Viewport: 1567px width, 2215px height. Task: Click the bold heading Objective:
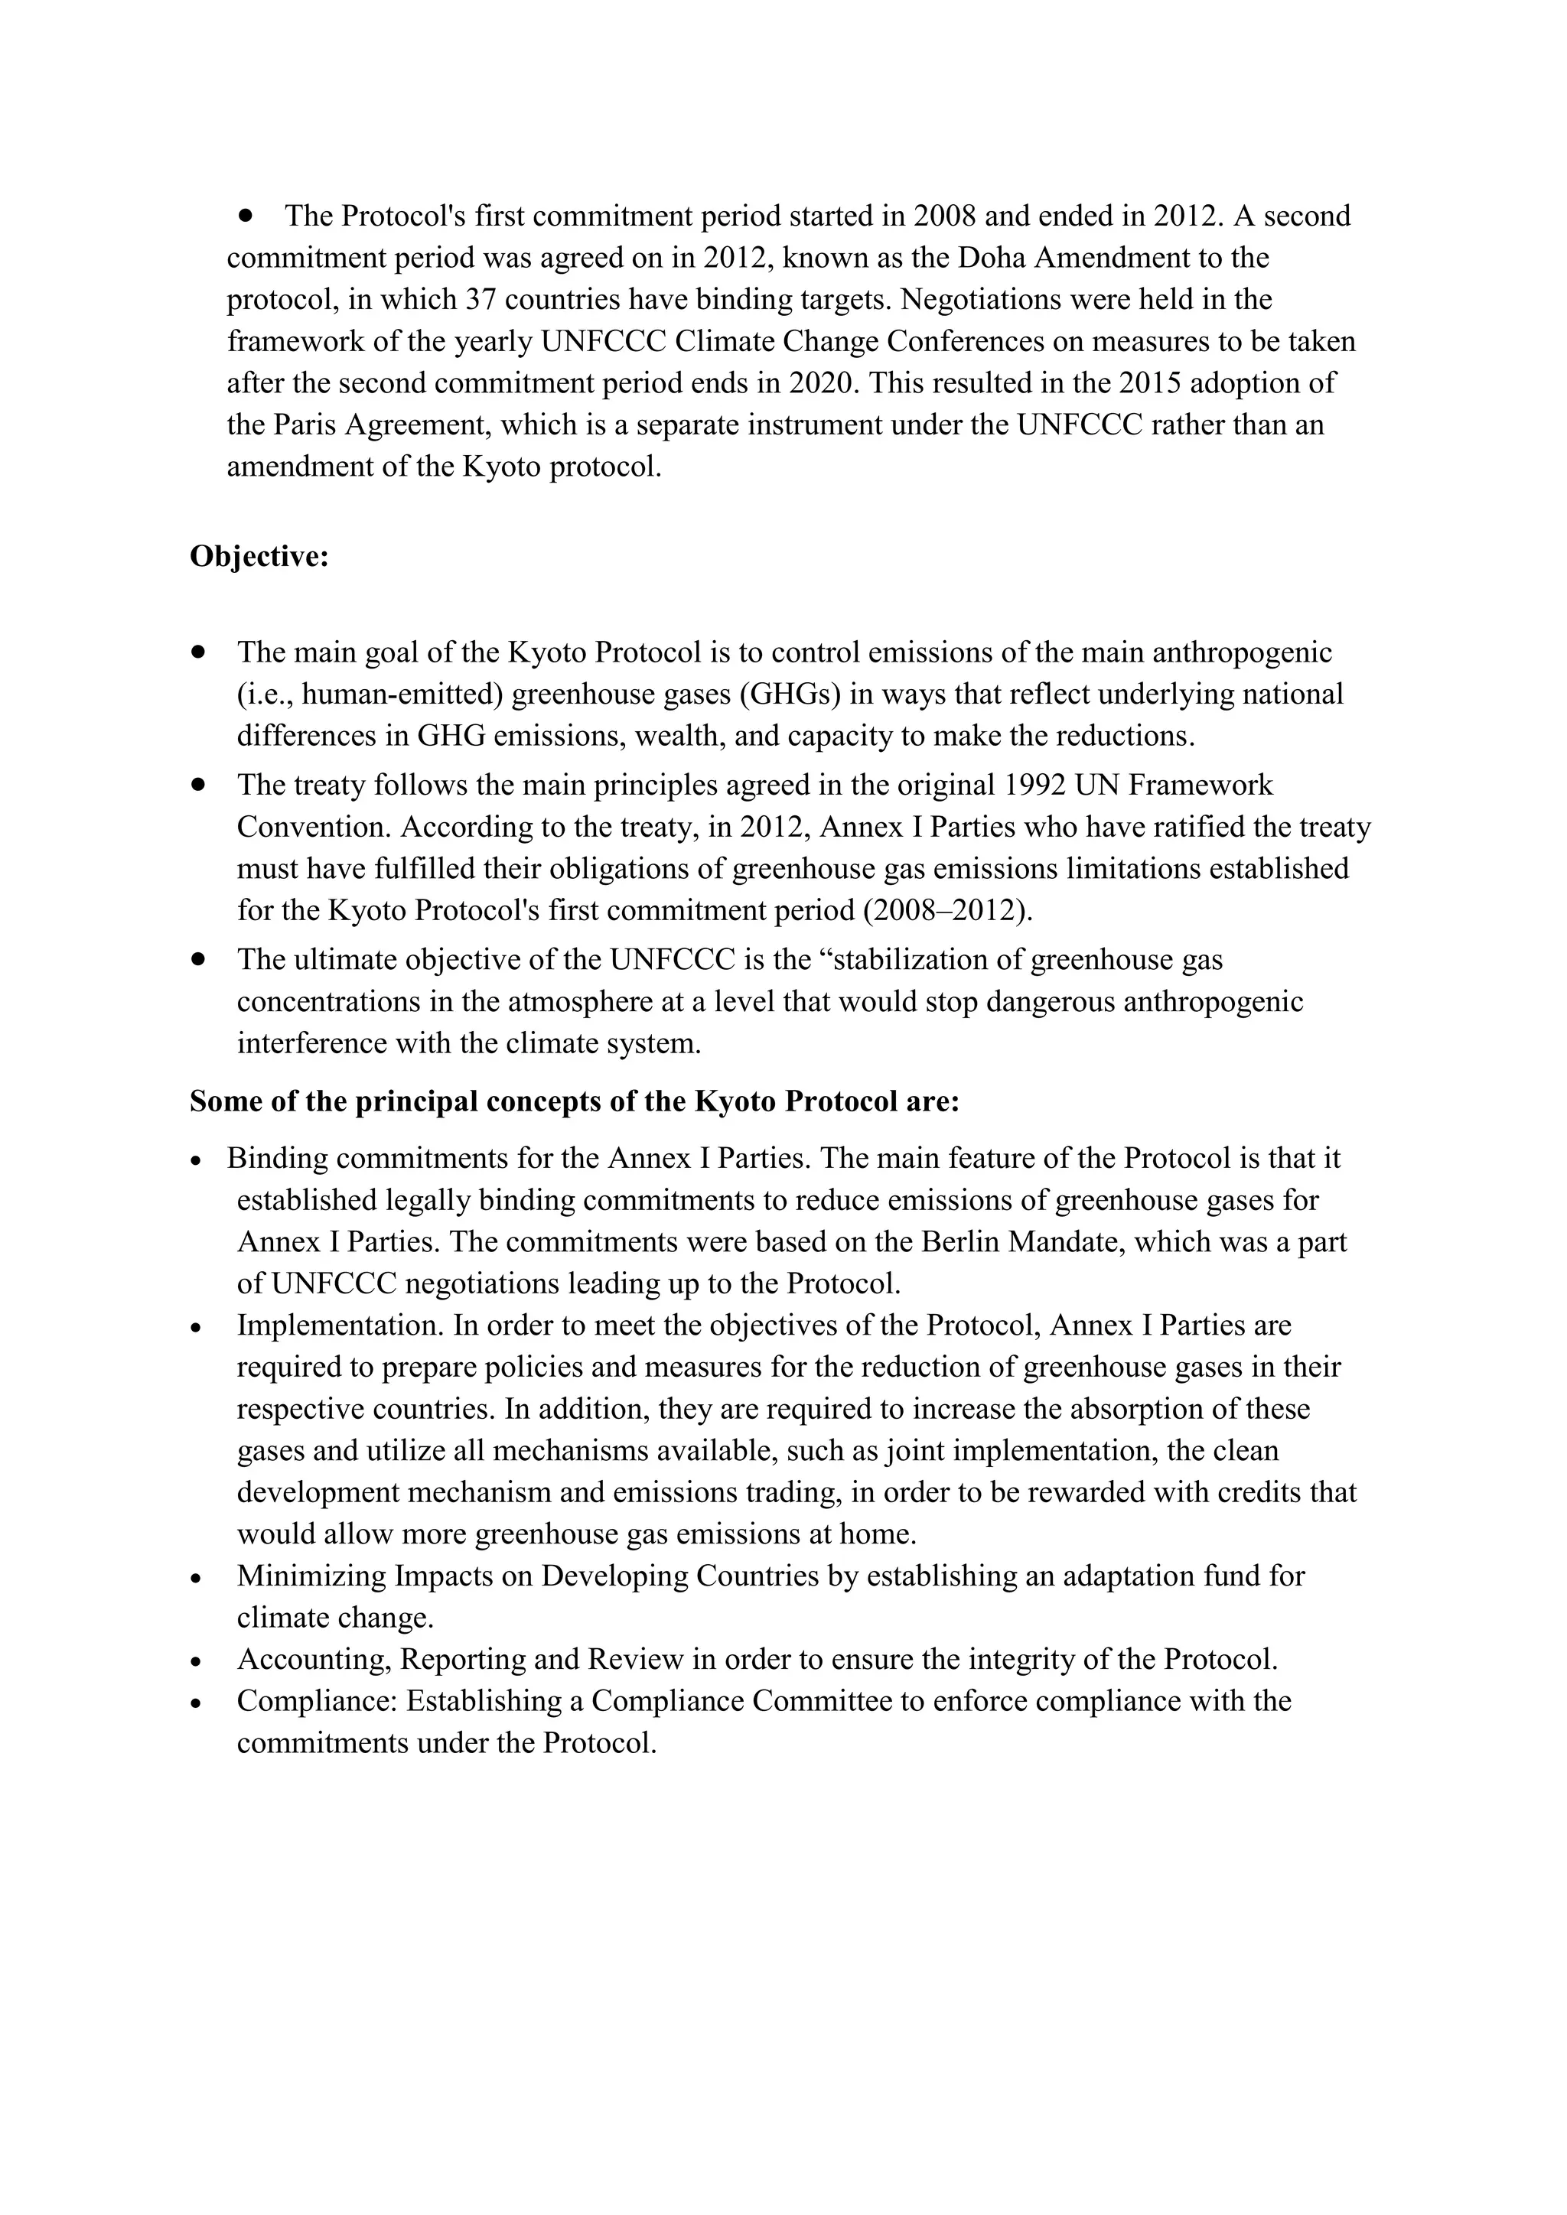click(259, 557)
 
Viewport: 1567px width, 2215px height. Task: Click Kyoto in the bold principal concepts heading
click(735, 1101)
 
